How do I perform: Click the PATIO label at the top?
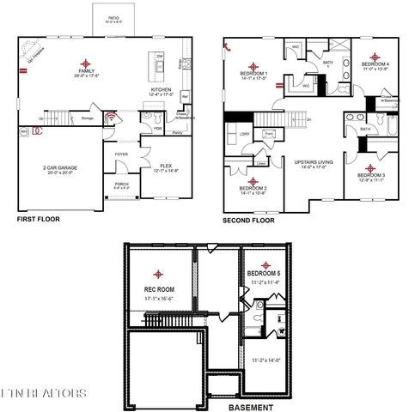(x=113, y=16)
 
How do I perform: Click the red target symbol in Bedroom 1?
(x=254, y=64)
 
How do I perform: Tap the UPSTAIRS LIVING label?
(x=314, y=161)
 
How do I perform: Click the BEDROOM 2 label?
(x=254, y=188)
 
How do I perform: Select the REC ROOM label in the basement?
(x=158, y=290)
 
